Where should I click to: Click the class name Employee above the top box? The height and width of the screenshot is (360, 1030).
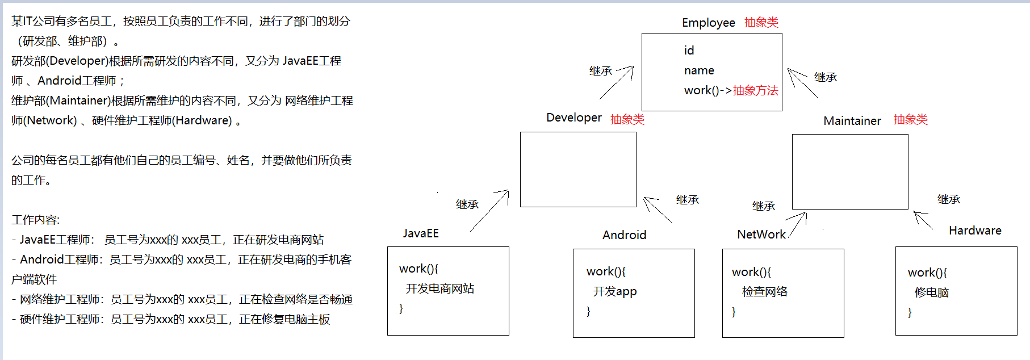[708, 23]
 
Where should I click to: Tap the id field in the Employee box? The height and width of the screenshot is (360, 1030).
[689, 51]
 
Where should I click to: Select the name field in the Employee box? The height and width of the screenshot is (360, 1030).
[699, 70]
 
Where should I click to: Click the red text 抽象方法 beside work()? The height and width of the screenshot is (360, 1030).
[755, 90]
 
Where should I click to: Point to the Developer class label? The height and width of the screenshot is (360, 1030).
[573, 118]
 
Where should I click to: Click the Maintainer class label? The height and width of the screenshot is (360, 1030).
[852, 121]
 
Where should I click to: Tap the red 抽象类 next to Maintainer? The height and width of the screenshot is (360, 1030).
[910, 120]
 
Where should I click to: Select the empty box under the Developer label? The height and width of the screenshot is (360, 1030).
[578, 169]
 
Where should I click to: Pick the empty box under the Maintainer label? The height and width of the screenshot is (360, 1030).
[849, 171]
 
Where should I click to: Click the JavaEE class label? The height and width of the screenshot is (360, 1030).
[421, 233]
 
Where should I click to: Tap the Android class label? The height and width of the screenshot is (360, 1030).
[624, 235]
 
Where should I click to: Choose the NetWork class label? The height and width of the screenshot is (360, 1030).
[761, 235]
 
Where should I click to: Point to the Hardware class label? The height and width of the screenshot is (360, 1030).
[975, 231]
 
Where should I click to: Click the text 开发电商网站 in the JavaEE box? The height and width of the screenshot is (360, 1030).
[439, 288]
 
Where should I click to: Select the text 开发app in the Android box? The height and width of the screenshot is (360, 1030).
[615, 291]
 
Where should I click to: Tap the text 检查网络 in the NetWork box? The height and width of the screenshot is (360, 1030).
[765, 292]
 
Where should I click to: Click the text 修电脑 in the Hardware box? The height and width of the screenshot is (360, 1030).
[931, 292]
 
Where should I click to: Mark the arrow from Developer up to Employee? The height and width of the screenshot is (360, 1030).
[617, 82]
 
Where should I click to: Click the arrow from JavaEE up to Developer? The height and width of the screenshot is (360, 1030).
[489, 211]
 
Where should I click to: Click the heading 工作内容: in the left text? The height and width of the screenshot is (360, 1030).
[35, 220]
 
